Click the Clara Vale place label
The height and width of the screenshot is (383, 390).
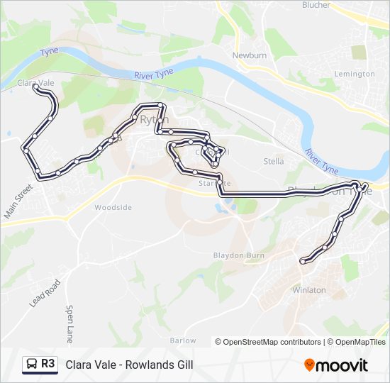[x=36, y=83]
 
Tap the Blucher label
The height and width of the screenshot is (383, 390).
[x=316, y=5]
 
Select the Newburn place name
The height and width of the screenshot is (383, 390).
[x=249, y=54]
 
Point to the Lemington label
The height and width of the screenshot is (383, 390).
[x=355, y=74]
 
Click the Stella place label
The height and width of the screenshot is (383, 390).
[x=274, y=161]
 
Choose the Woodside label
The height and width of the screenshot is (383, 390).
[x=113, y=207]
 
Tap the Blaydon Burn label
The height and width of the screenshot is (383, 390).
[x=238, y=255]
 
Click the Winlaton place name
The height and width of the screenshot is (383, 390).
[x=309, y=290]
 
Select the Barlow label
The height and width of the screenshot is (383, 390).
[x=183, y=340]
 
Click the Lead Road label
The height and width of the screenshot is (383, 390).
[x=45, y=292]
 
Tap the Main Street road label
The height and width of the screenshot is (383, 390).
[x=18, y=201]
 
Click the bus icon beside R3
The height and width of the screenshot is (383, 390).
[x=32, y=365]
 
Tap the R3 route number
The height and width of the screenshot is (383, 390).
[x=48, y=364]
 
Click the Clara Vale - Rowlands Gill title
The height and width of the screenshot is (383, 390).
[x=129, y=365]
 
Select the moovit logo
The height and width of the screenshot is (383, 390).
[x=336, y=365]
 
